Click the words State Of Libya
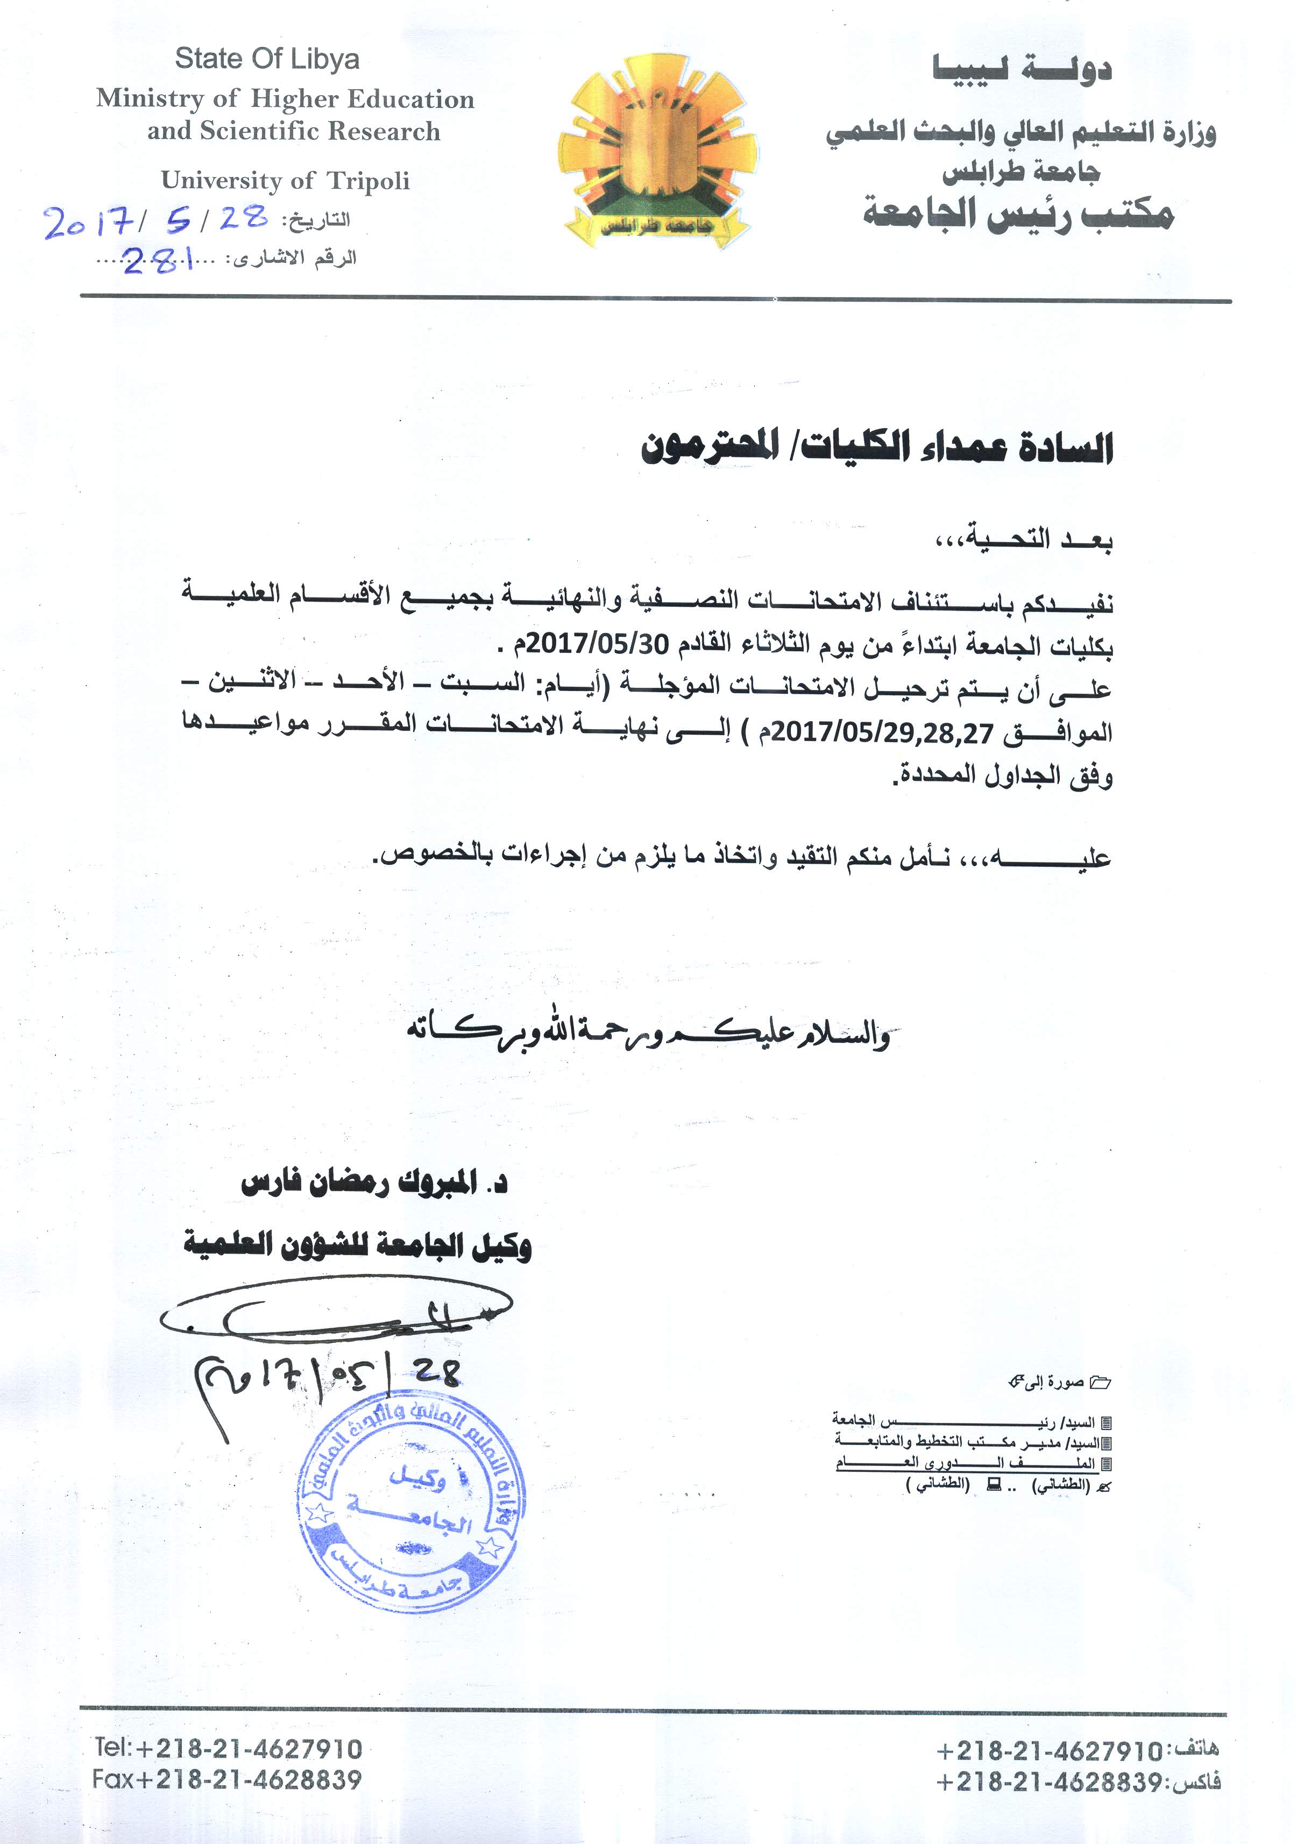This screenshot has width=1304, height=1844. (x=267, y=60)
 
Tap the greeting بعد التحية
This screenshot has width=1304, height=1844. (x=1024, y=539)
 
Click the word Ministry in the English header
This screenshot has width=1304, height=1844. (x=148, y=99)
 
